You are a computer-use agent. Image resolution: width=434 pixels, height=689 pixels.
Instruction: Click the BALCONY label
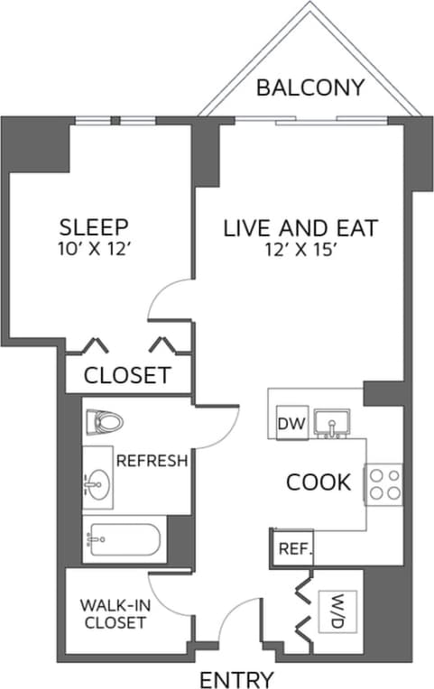pyautogui.click(x=309, y=87)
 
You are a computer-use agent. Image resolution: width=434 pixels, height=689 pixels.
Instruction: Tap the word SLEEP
pyautogui.click(x=94, y=226)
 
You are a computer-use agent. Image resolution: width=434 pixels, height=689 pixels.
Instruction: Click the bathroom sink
pyautogui.click(x=97, y=483)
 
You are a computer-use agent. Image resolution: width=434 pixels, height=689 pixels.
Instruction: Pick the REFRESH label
pyautogui.click(x=152, y=461)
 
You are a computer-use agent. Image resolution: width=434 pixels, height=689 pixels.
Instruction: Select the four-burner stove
pyautogui.click(x=383, y=483)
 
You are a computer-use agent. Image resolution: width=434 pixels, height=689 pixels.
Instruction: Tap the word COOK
pyautogui.click(x=318, y=482)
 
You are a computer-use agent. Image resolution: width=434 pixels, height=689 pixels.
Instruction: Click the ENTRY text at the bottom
pyautogui.click(x=235, y=678)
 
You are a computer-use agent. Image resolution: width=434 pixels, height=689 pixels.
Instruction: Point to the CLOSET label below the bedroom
pyautogui.click(x=127, y=375)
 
